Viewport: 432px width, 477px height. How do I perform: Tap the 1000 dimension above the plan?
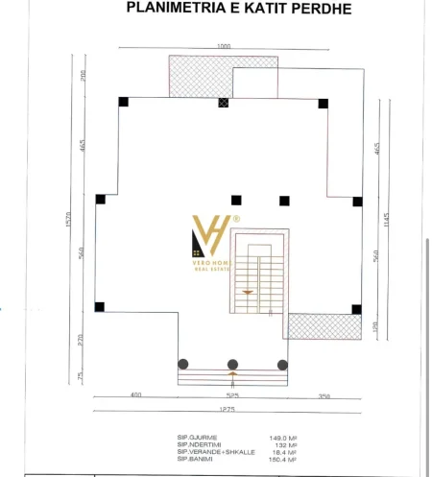tap(224, 47)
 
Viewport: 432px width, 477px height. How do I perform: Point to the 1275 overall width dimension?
tap(226, 410)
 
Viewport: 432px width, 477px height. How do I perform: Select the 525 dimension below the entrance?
tap(231, 395)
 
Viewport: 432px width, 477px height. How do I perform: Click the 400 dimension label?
tap(136, 395)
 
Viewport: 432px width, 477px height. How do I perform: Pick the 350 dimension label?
tap(324, 395)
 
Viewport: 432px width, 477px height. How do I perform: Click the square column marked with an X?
tap(224, 103)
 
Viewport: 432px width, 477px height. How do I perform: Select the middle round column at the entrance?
tap(232, 364)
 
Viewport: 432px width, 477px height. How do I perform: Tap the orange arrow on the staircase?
tap(249, 292)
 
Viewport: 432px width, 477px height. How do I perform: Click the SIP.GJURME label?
tap(195, 437)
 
